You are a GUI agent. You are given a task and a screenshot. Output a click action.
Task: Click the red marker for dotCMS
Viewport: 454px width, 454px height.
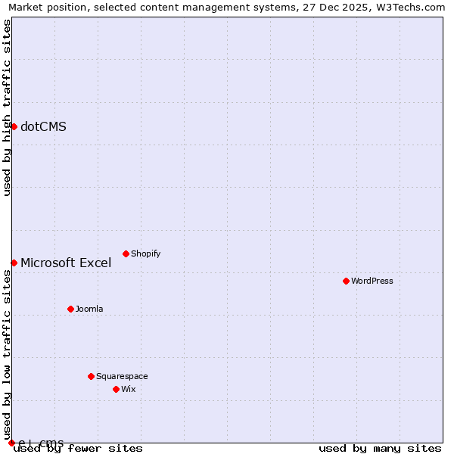[14, 126]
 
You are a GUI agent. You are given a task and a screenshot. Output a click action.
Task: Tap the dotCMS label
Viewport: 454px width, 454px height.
[43, 126]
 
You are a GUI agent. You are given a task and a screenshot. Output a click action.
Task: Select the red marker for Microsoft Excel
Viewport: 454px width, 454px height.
[14, 263]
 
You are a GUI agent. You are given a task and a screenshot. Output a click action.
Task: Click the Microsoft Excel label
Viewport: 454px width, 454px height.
[66, 263]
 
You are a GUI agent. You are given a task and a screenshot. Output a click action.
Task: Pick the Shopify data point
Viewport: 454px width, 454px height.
[126, 253]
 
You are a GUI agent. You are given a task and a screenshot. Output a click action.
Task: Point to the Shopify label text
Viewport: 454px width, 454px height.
[145, 253]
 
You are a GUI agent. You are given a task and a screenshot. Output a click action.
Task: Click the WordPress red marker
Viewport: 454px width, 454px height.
[346, 281]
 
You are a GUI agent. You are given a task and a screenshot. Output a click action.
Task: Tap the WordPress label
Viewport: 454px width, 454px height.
[372, 281]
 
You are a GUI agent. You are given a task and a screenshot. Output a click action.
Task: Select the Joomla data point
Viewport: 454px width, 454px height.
[70, 309]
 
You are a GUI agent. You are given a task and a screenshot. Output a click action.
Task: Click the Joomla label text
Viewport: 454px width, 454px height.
[89, 309]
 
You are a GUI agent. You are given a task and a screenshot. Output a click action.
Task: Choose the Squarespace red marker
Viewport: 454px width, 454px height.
[91, 376]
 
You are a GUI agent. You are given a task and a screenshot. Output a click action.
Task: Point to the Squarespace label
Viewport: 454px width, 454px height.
[122, 376]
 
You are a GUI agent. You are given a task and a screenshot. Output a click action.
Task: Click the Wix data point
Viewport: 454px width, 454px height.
[116, 389]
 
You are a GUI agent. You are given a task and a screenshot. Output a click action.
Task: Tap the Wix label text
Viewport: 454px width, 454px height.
[128, 389]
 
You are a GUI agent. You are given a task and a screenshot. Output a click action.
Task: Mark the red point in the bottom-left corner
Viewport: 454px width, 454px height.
[11, 443]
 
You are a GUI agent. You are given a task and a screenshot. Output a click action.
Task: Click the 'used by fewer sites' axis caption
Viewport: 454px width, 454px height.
[78, 448]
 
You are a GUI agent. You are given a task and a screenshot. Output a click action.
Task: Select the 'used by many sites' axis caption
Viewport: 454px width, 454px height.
[380, 448]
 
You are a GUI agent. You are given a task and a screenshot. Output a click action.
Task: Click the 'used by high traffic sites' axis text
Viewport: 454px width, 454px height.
[7, 107]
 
